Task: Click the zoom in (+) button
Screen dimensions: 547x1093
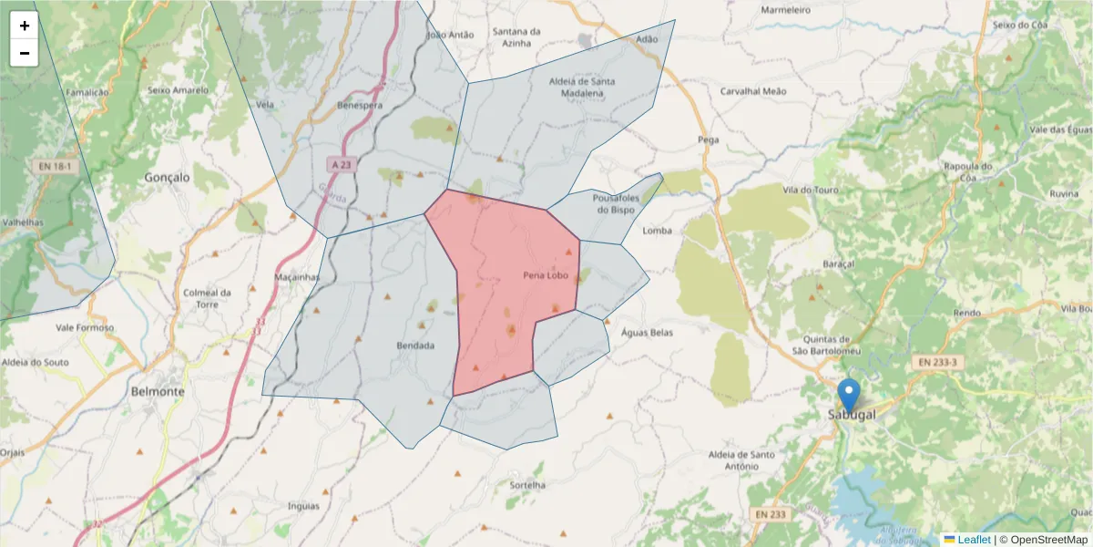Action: (25, 26)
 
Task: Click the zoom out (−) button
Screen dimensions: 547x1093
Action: (25, 53)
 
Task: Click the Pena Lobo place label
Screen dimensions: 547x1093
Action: (546, 275)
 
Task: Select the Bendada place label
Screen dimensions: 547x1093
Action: (415, 346)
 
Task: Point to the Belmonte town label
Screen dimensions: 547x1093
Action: (158, 391)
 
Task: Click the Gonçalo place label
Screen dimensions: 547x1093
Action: (168, 178)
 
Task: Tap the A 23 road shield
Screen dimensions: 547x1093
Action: (341, 165)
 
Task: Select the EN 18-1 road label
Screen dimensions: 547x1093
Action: (54, 167)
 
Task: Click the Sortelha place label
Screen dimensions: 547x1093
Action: (527, 485)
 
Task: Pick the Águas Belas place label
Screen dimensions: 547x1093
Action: (647, 333)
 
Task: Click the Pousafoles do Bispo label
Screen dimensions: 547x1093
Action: (613, 203)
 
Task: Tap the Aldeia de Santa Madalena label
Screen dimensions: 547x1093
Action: (582, 87)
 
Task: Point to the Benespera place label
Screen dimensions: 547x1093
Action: (360, 106)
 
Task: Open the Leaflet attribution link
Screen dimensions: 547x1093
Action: (973, 540)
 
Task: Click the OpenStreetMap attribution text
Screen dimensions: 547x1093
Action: (1047, 540)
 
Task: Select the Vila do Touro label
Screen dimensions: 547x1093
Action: (809, 190)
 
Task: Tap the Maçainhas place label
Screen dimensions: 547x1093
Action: (297, 277)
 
